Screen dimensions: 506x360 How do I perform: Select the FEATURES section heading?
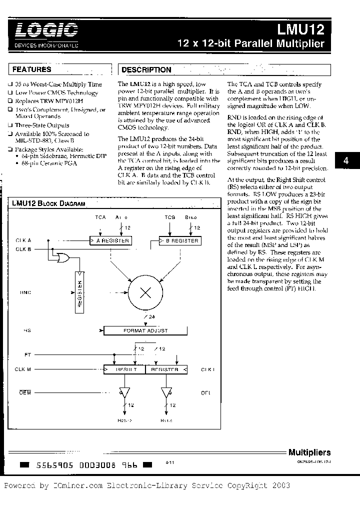(31, 69)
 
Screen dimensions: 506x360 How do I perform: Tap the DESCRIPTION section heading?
(146, 70)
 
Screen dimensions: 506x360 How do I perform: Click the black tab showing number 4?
(346, 161)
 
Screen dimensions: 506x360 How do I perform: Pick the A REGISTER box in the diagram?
(110, 240)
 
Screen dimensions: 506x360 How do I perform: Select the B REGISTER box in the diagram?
(179, 240)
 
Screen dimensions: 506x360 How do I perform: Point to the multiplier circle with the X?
(145, 293)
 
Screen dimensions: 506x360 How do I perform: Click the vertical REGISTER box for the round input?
(79, 292)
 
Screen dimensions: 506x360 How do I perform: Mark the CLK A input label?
(23, 240)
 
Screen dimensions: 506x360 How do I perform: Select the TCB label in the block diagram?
(169, 217)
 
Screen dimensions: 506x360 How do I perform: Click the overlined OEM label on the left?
(25, 393)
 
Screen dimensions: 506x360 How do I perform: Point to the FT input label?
(27, 354)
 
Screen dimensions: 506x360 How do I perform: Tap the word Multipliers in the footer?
(309, 452)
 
